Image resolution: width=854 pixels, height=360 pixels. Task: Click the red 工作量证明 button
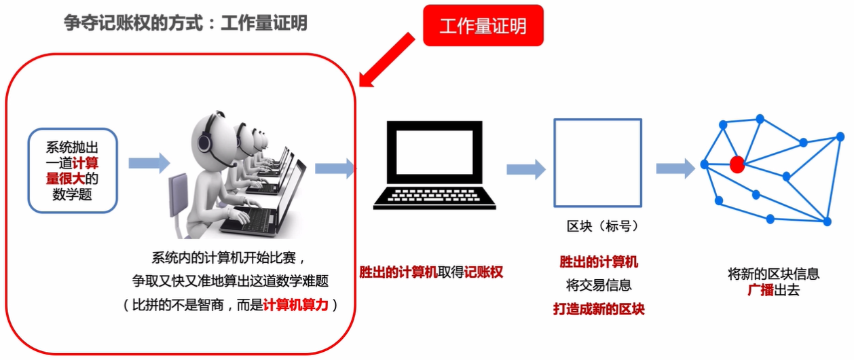pos(483,26)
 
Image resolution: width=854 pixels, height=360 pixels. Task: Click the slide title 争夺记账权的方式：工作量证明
pos(185,24)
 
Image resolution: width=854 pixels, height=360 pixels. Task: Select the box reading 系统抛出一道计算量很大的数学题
pos(73,170)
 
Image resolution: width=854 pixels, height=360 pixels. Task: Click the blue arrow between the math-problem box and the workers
pos(149,162)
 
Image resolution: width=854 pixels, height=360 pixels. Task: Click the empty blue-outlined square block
pos(597,162)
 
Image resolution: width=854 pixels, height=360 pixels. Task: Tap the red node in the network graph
pos(736,164)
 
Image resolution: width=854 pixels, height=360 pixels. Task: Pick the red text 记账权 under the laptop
pos(484,272)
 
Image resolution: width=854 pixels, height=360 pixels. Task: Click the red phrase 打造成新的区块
pos(598,309)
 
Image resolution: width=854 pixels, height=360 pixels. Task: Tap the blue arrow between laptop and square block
pos(525,168)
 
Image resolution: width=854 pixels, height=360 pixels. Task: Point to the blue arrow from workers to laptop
pos(335,168)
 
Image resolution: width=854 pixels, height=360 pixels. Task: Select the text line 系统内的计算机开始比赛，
pos(225,258)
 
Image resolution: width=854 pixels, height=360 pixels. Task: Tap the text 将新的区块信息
pos(774,274)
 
